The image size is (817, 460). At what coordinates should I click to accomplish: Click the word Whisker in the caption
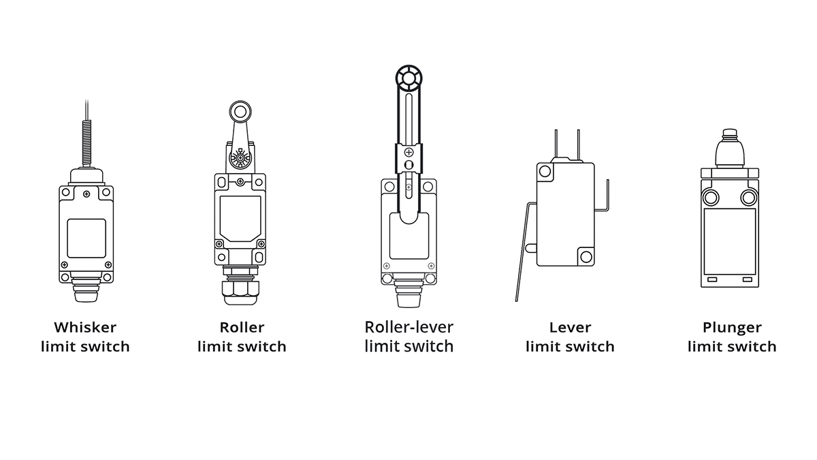(85, 328)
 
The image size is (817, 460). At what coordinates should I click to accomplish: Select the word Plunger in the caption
(732, 328)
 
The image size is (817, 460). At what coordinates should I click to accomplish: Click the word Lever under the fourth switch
(570, 328)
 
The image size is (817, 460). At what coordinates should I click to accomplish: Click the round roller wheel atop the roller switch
(240, 110)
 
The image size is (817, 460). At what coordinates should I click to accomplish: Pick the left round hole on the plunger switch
(711, 198)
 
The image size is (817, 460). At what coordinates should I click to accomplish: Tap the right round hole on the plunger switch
(749, 198)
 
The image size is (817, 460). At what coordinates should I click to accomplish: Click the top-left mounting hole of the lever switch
(544, 171)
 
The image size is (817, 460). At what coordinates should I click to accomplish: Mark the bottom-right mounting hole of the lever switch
(585, 256)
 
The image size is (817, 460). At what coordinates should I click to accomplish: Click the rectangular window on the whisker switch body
(86, 238)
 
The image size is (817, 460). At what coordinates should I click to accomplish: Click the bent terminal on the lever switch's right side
(604, 198)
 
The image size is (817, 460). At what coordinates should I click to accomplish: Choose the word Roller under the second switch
(242, 328)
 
